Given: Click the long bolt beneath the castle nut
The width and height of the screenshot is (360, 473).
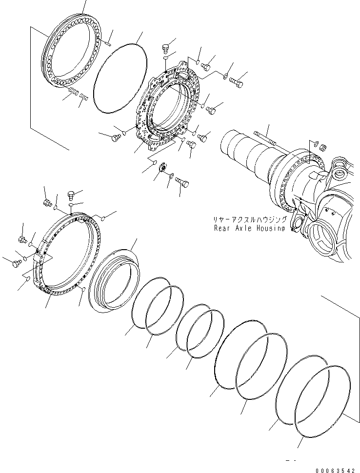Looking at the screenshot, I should [182, 182].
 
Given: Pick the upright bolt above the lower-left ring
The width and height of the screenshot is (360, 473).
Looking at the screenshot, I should [71, 197].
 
